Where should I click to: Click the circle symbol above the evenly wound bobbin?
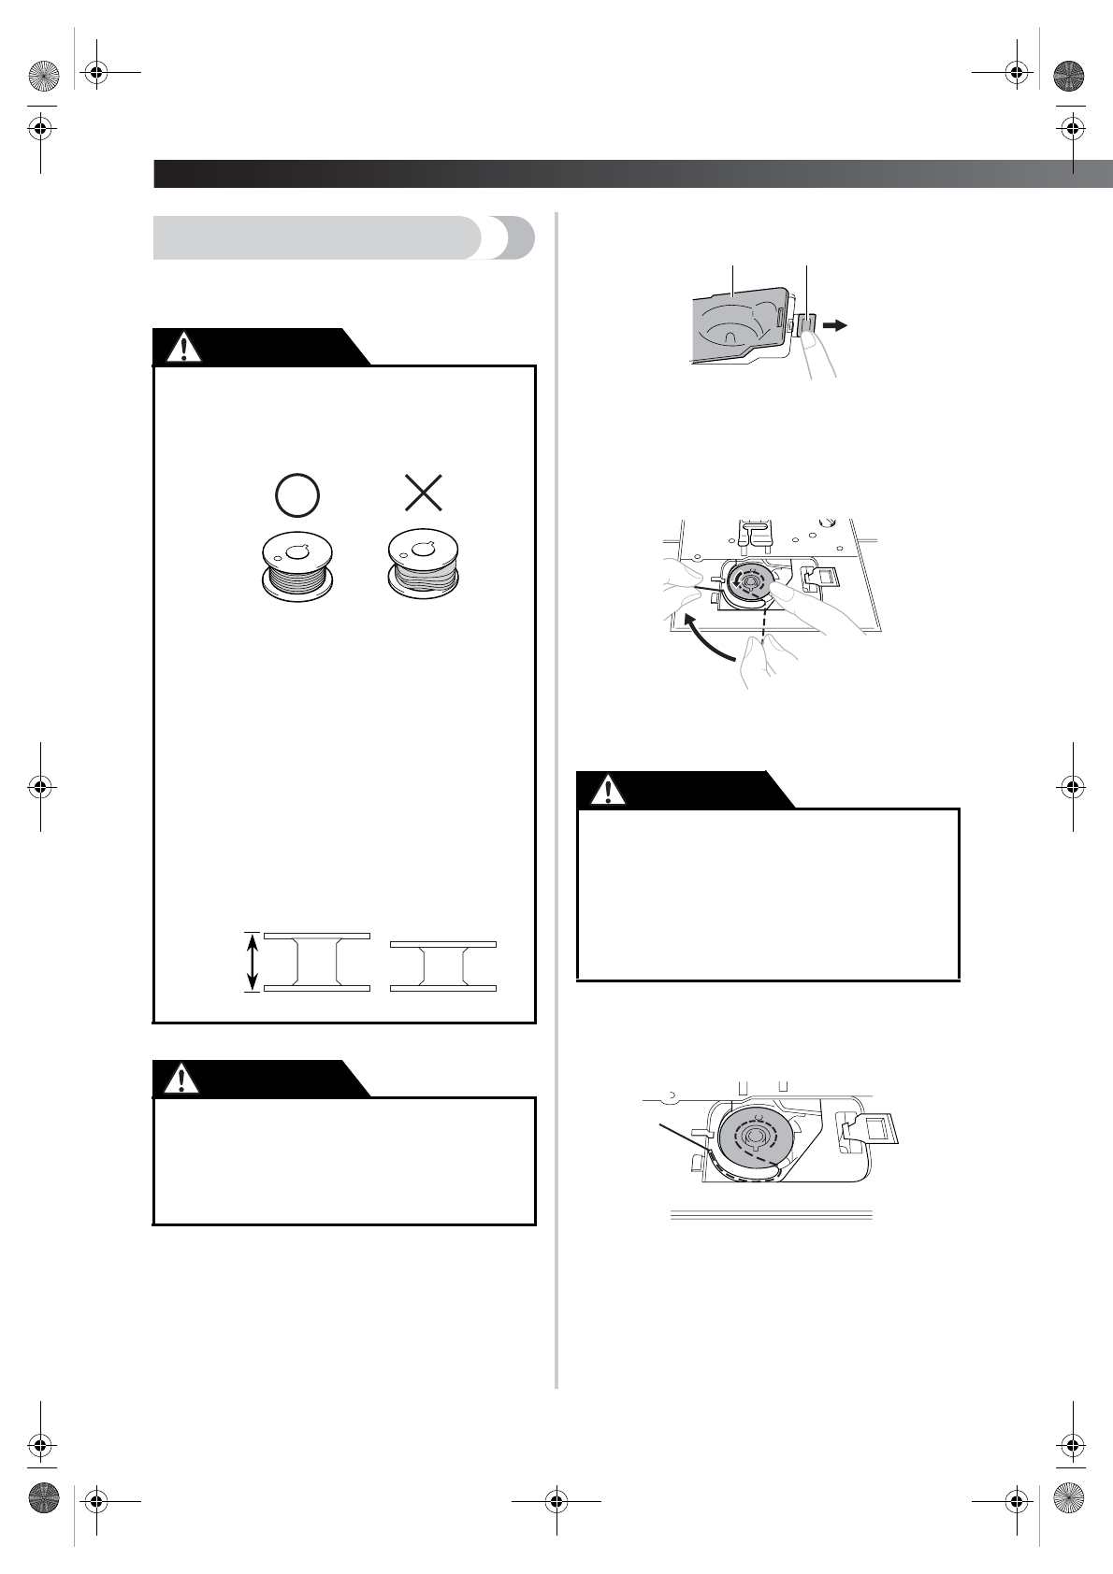pyautogui.click(x=297, y=494)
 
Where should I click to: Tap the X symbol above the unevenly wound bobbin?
pyautogui.click(x=423, y=494)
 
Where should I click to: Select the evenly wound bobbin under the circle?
pyautogui.click(x=297, y=567)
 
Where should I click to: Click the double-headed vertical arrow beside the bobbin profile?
pyautogui.click(x=251, y=961)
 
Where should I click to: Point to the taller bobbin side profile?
pyautogui.click(x=316, y=961)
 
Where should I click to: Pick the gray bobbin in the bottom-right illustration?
pyautogui.click(x=758, y=1141)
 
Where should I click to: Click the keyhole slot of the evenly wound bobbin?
pyautogui.click(x=297, y=552)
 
